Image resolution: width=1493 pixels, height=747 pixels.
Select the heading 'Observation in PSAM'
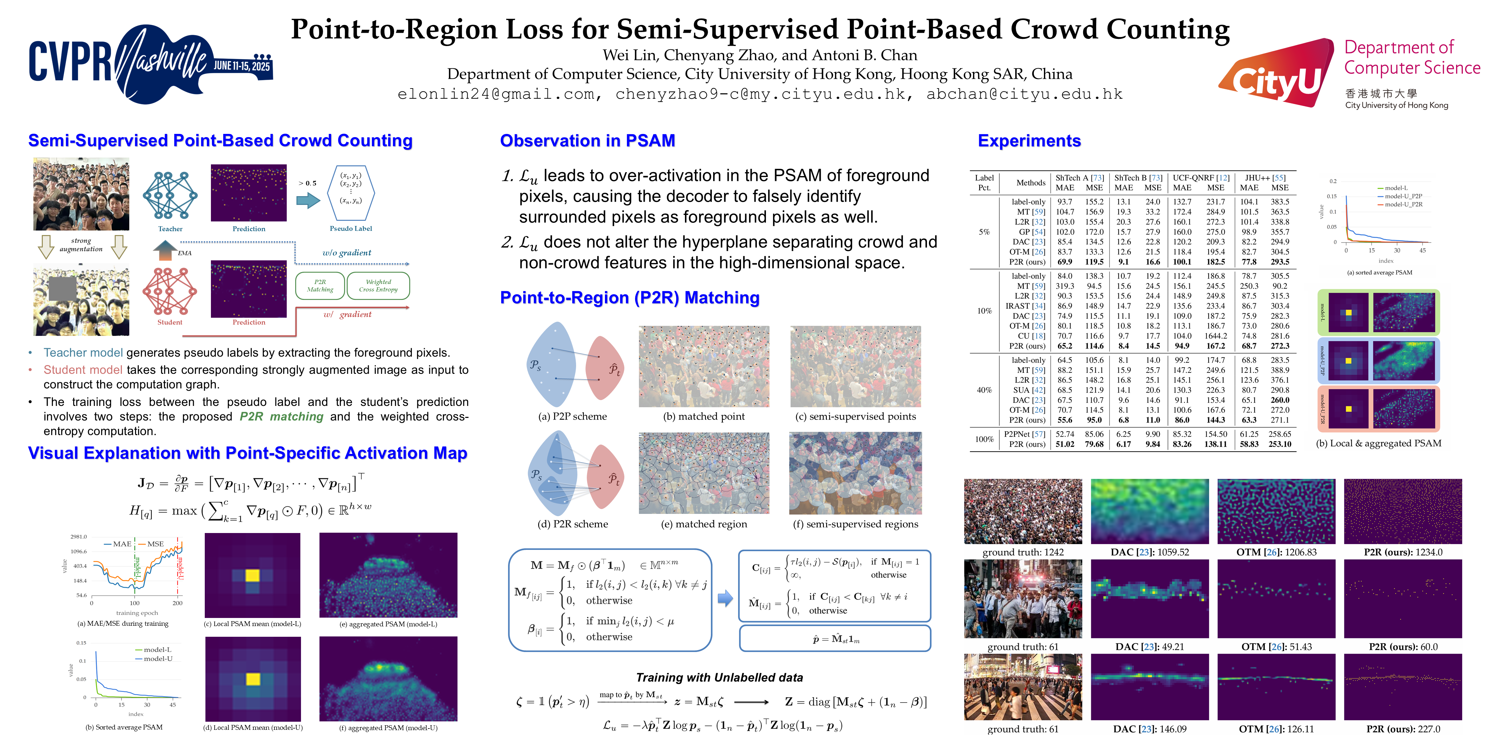click(x=587, y=141)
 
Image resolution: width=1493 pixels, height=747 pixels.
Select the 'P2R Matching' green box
click(x=320, y=285)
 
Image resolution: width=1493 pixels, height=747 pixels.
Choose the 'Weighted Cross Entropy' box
click(x=378, y=285)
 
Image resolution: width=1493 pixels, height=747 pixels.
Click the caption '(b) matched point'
click(x=704, y=416)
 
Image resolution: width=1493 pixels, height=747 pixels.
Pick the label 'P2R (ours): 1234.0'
click(x=1403, y=552)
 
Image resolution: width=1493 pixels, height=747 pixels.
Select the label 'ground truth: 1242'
click(x=1023, y=552)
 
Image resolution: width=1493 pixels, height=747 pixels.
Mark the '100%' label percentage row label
click(x=984, y=439)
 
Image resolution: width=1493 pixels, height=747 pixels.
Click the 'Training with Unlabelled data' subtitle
click(x=719, y=677)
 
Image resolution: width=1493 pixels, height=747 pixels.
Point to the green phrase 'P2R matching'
click(x=282, y=416)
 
